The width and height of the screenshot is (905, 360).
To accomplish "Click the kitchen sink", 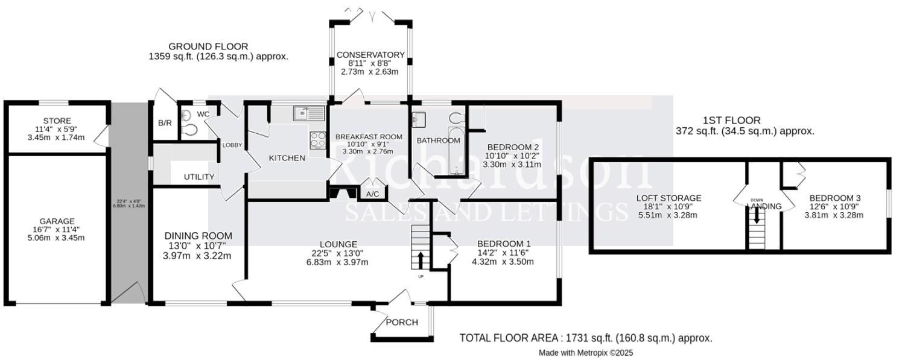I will tap(308, 113).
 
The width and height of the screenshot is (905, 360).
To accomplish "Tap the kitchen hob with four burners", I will tap(318, 140).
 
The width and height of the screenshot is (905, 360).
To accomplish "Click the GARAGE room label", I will tap(57, 221).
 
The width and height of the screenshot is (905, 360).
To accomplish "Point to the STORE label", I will tap(57, 121).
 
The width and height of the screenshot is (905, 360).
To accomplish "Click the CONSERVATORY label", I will tap(370, 55).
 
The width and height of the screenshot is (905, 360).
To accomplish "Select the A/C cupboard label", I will tap(372, 194).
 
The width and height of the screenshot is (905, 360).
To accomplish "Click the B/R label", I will tap(165, 123).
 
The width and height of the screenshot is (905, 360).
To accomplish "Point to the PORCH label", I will tap(402, 322).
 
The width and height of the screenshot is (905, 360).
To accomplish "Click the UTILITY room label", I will tap(199, 177).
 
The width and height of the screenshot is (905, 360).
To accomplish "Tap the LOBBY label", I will tap(232, 145).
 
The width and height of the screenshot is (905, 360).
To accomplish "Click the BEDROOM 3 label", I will tap(834, 198).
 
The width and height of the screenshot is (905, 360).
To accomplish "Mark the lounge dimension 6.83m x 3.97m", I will tap(336, 262).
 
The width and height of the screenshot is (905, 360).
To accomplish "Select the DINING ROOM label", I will tap(197, 236).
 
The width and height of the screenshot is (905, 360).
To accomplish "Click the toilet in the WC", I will tap(191, 130).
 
